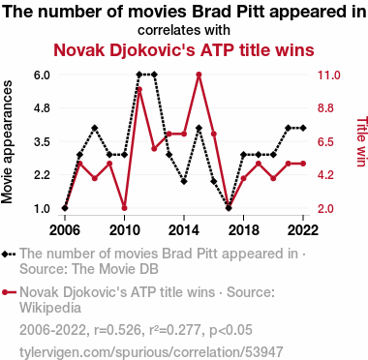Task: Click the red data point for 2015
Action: tap(199, 75)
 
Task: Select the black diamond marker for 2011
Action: tap(139, 75)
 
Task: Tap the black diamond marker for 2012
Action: tap(154, 75)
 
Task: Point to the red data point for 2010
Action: tap(125, 208)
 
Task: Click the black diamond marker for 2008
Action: tap(95, 128)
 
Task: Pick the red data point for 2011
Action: tap(139, 89)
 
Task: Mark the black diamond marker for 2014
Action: tap(184, 181)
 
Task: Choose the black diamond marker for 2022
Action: tap(303, 128)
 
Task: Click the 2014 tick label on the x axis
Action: tap(184, 230)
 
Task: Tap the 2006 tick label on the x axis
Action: tap(65, 230)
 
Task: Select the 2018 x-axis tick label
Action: tap(244, 230)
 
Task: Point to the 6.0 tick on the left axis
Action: tap(42, 75)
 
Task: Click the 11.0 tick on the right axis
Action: tap(328, 75)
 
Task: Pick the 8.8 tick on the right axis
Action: tap(325, 108)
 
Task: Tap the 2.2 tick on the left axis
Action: tap(42, 175)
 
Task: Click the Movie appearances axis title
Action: tap(7, 142)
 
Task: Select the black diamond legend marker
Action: tap(9, 255)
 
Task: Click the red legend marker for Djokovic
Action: tap(9, 292)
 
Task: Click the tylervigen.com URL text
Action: tap(151, 351)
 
